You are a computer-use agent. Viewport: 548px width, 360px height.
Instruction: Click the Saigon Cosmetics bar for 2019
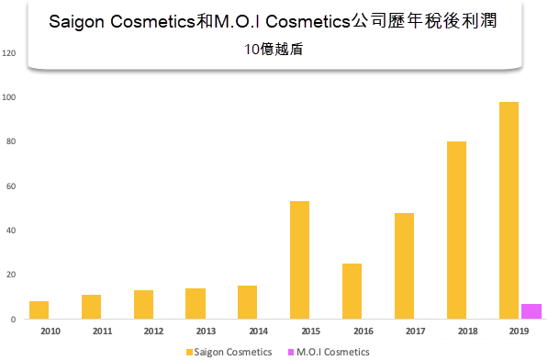pos(509,210)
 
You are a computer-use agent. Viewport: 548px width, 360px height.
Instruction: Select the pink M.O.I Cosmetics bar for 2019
pos(531,311)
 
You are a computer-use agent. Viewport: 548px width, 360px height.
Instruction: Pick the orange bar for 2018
pos(456,230)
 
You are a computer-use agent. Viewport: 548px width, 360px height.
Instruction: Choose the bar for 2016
pos(352,291)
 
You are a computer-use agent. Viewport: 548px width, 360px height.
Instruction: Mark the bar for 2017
pos(404,265)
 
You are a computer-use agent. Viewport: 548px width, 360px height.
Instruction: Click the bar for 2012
pos(143,305)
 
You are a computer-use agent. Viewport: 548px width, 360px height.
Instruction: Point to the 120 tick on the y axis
pos(10,53)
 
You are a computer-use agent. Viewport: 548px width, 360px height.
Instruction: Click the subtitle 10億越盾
pos(274,51)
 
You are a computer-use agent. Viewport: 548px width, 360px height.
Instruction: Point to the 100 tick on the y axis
pos(10,97)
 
